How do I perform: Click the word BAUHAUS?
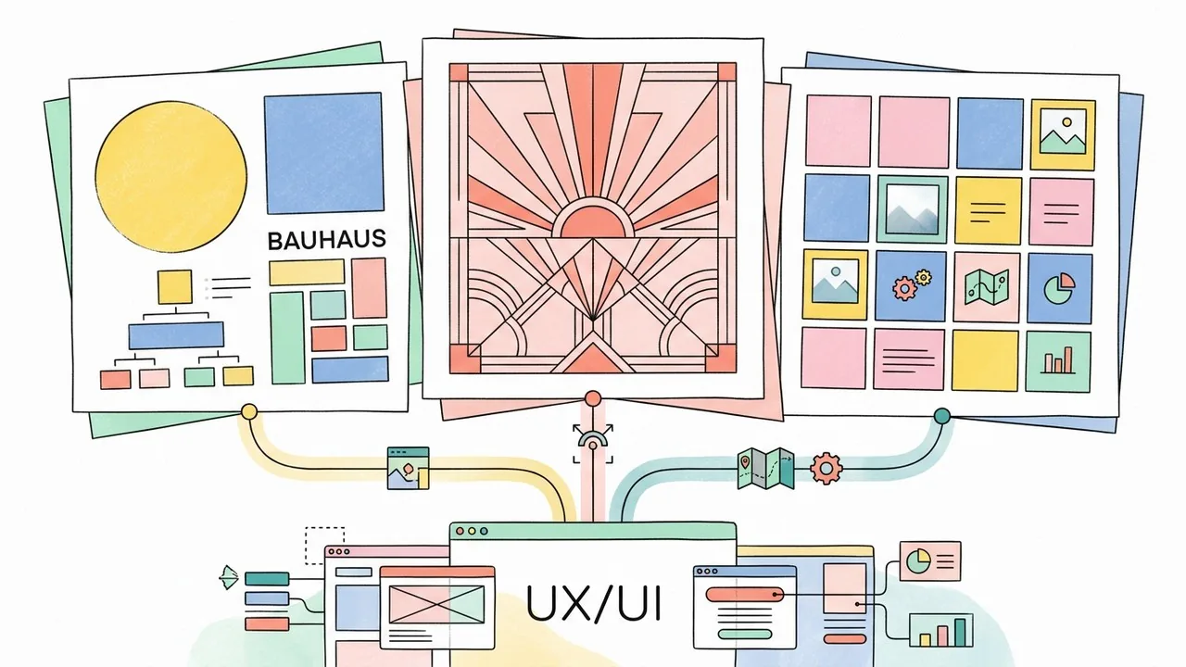325,240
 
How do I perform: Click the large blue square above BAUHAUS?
323,154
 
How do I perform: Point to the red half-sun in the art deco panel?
593,222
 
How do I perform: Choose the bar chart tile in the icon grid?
1059,360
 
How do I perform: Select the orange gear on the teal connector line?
824,468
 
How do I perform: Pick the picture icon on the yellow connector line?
409,467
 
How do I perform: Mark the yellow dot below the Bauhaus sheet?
247,411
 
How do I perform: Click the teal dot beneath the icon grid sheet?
942,416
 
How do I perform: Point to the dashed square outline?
324,544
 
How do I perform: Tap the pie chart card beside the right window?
929,560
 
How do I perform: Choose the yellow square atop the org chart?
174,286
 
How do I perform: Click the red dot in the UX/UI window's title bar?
460,532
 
